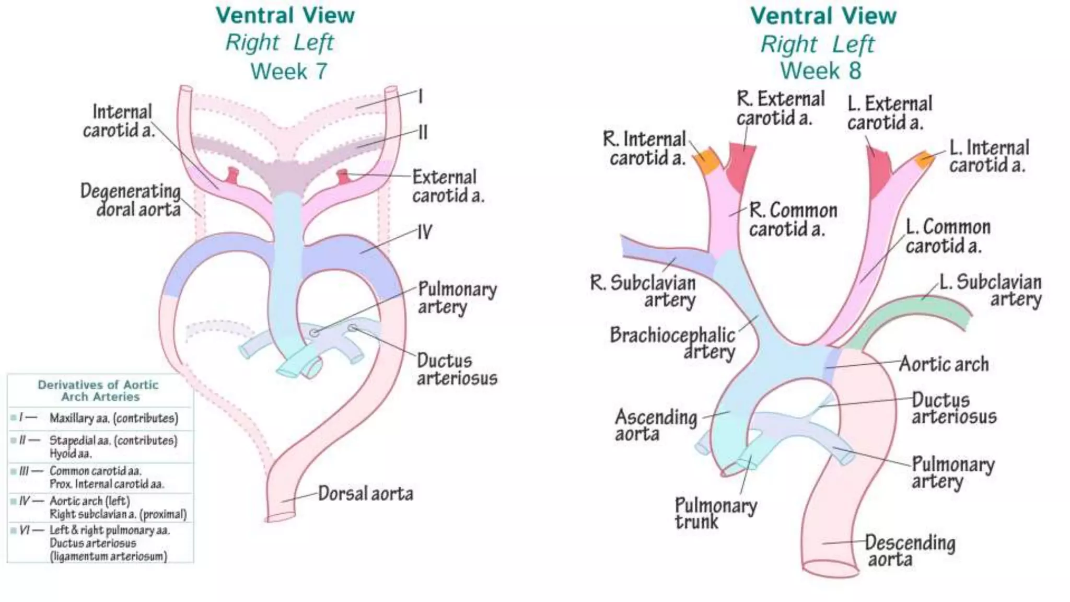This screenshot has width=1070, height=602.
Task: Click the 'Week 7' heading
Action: (x=288, y=71)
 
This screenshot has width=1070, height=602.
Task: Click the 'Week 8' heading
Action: (x=821, y=71)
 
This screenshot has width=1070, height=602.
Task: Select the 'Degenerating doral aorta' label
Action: (x=131, y=200)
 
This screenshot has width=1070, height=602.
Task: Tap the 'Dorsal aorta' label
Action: (x=365, y=493)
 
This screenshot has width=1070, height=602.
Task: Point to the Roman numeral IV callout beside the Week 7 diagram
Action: (x=424, y=232)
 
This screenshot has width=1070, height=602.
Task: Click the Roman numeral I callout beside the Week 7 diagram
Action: (x=420, y=96)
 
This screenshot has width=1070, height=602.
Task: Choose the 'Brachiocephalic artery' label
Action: (x=673, y=342)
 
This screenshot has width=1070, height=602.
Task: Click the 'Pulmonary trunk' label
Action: (x=715, y=513)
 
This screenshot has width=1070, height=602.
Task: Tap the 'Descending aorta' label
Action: (x=910, y=550)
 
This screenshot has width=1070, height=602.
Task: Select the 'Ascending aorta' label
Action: (x=656, y=425)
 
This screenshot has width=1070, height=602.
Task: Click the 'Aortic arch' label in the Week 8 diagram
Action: (x=944, y=364)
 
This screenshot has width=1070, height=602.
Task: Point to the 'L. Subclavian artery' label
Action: (x=991, y=290)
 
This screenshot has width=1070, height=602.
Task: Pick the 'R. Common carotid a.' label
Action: (x=793, y=219)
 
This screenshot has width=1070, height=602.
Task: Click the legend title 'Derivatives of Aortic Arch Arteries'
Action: (x=98, y=390)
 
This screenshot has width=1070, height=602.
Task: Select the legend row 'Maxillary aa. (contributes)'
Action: (x=113, y=418)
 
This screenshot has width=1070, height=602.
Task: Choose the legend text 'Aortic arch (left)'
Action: (x=89, y=501)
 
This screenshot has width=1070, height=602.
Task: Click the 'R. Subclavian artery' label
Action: (x=643, y=291)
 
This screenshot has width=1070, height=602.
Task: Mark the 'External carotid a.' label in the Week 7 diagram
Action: (x=448, y=186)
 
